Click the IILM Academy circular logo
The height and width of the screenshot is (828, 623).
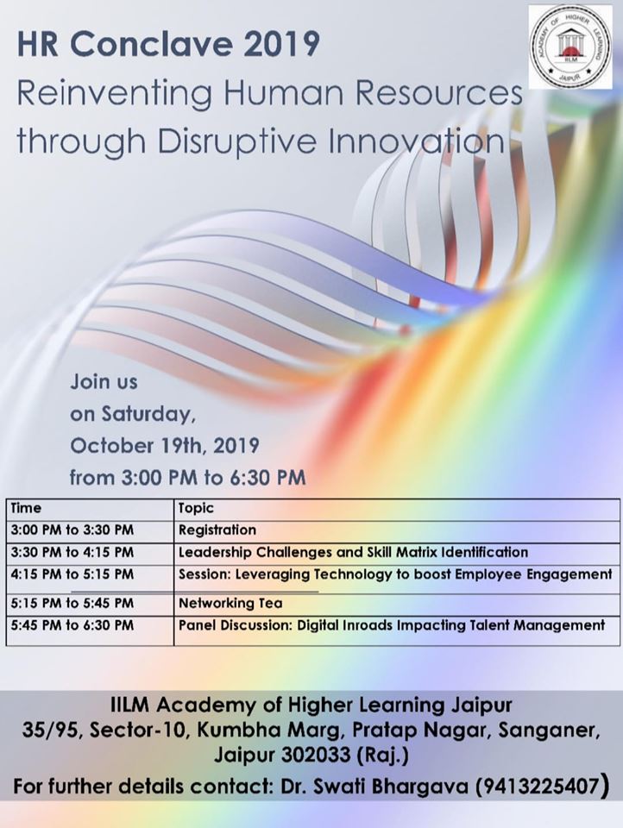click(x=570, y=48)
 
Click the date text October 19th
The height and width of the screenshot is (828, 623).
click(x=138, y=446)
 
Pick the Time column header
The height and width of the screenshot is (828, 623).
click(x=26, y=508)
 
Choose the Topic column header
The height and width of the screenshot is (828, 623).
click(x=196, y=509)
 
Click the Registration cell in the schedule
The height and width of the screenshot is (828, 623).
click(x=217, y=530)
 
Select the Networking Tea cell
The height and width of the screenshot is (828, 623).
click(x=230, y=603)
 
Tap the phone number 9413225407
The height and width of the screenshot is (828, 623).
click(x=538, y=787)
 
